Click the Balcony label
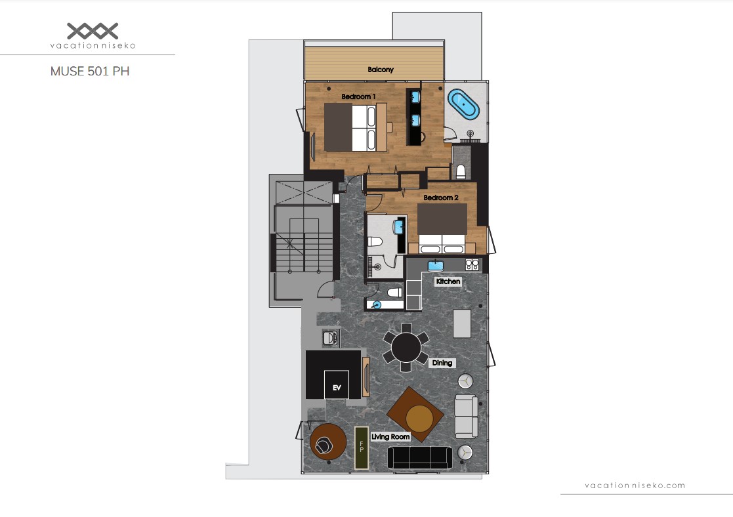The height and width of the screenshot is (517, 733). [381, 70]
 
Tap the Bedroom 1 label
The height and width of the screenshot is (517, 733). [358, 96]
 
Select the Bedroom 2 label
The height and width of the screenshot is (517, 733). [441, 197]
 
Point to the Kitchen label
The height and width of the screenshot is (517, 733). [448, 281]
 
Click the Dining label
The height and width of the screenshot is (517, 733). [442, 363]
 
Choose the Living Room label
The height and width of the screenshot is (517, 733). [390, 436]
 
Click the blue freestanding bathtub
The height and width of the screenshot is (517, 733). [463, 104]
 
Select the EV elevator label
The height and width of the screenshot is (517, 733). [337, 388]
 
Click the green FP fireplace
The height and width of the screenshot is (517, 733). [362, 447]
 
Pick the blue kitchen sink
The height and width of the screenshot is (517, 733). [436, 265]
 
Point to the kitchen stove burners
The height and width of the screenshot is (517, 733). [472, 264]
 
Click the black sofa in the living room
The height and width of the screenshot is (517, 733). [420, 458]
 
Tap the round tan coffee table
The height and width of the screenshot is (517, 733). [419, 419]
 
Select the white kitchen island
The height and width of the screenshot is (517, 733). [462, 323]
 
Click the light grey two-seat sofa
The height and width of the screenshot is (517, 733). [467, 416]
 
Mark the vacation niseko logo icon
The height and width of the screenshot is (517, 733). [93, 31]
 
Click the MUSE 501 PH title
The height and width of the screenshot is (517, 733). [90, 71]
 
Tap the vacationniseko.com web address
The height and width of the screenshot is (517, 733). [635, 486]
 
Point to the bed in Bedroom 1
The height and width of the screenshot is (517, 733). [355, 127]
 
